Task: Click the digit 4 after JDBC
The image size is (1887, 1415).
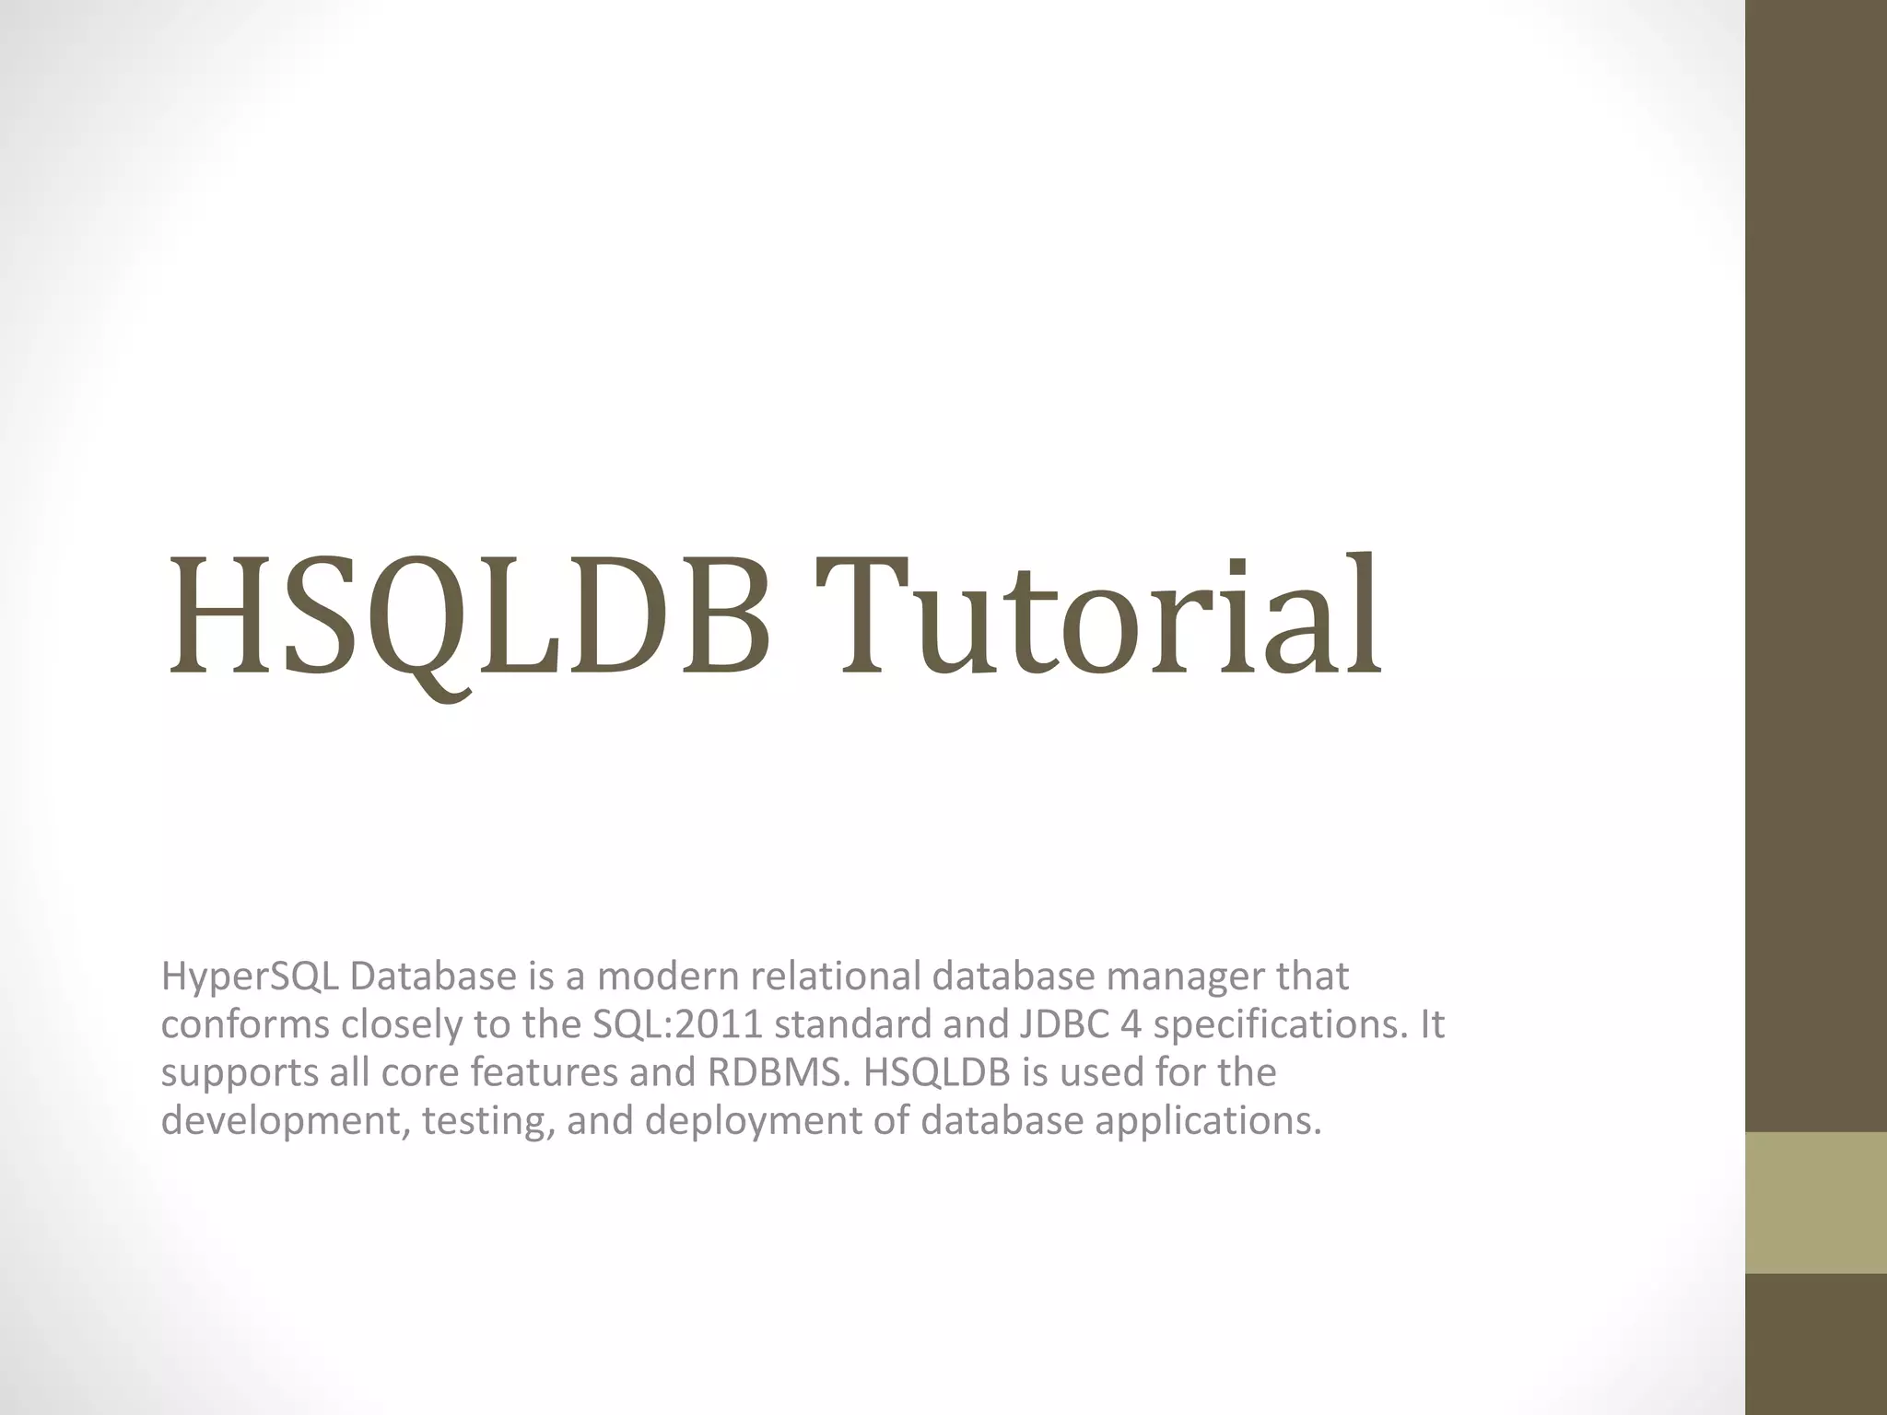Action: [1131, 1024]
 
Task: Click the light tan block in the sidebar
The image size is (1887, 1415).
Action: [1816, 1202]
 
